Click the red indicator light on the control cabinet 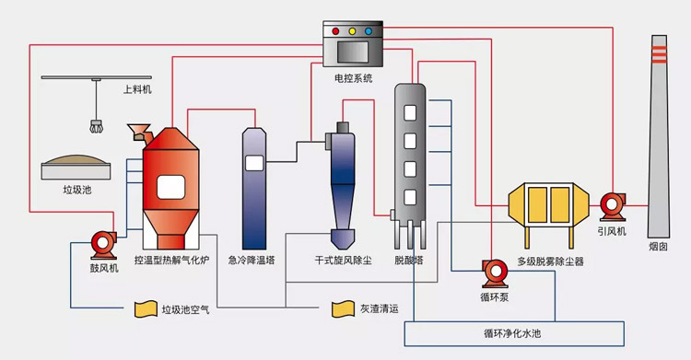(335, 31)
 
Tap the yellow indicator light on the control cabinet (352, 31)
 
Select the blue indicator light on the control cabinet (369, 31)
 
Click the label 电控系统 (354, 78)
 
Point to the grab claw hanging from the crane (96, 126)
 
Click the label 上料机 (137, 89)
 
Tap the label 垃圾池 (77, 190)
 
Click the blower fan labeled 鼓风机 (104, 245)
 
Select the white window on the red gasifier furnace (171, 187)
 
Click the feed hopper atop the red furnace (138, 132)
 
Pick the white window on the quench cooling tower (254, 164)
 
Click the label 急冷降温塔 (252, 261)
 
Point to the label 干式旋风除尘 (344, 261)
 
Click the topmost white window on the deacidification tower (410, 113)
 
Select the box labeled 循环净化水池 (514, 333)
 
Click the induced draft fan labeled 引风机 (613, 206)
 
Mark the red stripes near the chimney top (659, 54)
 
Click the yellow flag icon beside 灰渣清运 (344, 308)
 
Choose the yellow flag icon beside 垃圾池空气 (146, 308)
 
